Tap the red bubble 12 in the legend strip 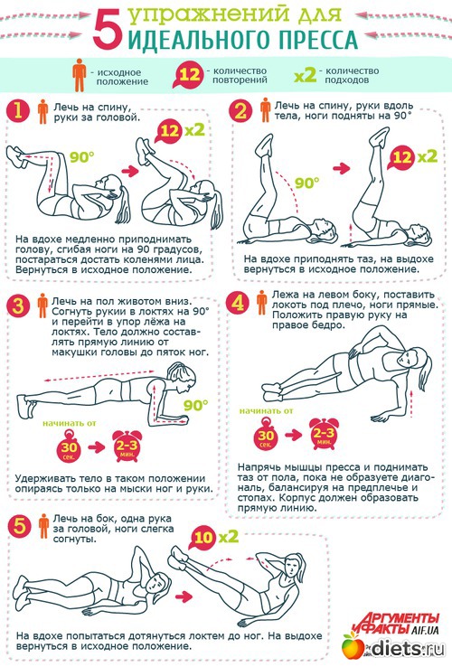pyautogui.click(x=189, y=75)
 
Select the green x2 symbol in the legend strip pyautogui.click(x=306, y=76)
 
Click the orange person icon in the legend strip pyautogui.click(x=80, y=75)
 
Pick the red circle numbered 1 pyautogui.click(x=17, y=111)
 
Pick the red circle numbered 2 pyautogui.click(x=240, y=111)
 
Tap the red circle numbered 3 pyautogui.click(x=18, y=305)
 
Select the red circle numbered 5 pyautogui.click(x=20, y=526)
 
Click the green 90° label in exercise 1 pyautogui.click(x=81, y=157)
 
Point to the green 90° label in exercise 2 pyautogui.click(x=306, y=183)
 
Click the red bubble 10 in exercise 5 pyautogui.click(x=203, y=537)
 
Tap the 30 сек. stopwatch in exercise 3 pyautogui.click(x=69, y=446)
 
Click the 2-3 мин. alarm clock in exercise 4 pyautogui.click(x=324, y=434)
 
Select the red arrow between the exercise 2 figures pyautogui.click(x=342, y=168)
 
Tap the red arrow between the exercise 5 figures pyautogui.click(x=184, y=597)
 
